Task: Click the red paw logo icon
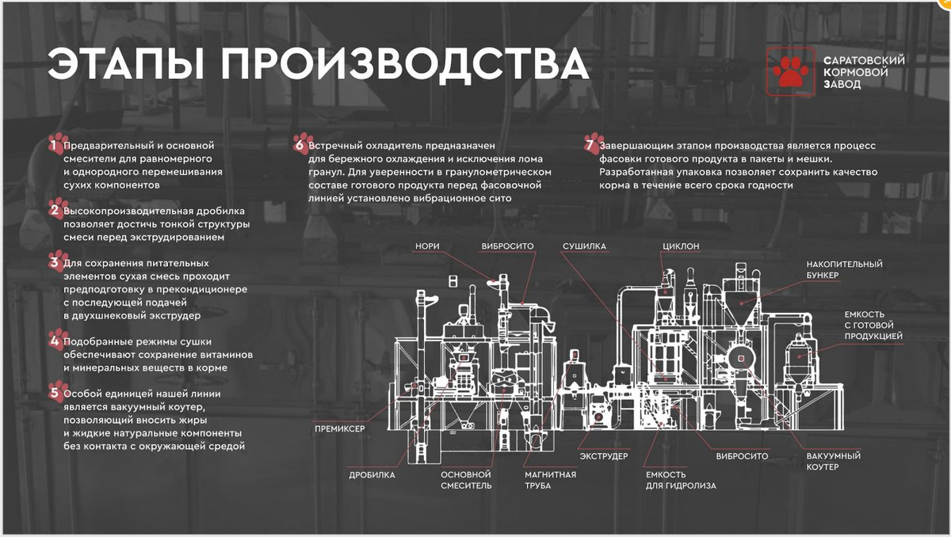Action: [791, 72]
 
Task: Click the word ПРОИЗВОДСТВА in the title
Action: [405, 64]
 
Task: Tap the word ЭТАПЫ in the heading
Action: [126, 64]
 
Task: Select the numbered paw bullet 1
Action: [58, 144]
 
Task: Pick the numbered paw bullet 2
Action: [58, 209]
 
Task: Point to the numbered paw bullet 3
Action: [58, 261]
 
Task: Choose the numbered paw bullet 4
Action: [58, 340]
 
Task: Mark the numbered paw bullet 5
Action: [58, 392]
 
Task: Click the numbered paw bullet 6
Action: [303, 144]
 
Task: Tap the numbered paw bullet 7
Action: [594, 144]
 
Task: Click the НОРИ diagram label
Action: [427, 246]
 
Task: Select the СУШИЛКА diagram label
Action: [584, 246]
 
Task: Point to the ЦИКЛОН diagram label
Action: [681, 246]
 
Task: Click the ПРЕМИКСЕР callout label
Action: [340, 428]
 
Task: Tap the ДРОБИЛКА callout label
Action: [372, 475]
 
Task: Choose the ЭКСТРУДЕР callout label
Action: [604, 456]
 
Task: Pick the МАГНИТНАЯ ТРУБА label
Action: [550, 480]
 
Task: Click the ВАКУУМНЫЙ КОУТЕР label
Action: [834, 462]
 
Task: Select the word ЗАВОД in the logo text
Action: [842, 84]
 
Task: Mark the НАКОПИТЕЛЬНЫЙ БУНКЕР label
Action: [844, 269]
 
